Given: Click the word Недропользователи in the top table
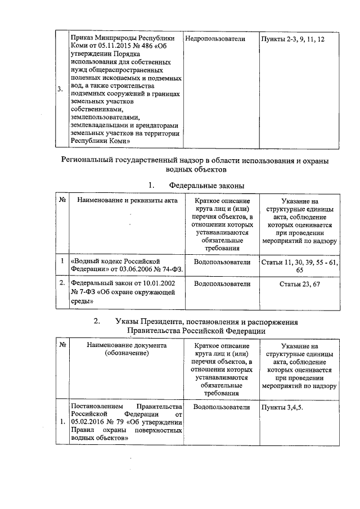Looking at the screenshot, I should [x=215, y=39].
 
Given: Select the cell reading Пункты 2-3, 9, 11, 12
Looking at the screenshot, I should [x=292, y=39].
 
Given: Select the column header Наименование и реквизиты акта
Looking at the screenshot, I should [x=127, y=200].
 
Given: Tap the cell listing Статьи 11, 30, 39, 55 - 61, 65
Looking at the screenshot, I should [x=300, y=266].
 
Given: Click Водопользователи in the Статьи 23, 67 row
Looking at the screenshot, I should [x=221, y=284].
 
